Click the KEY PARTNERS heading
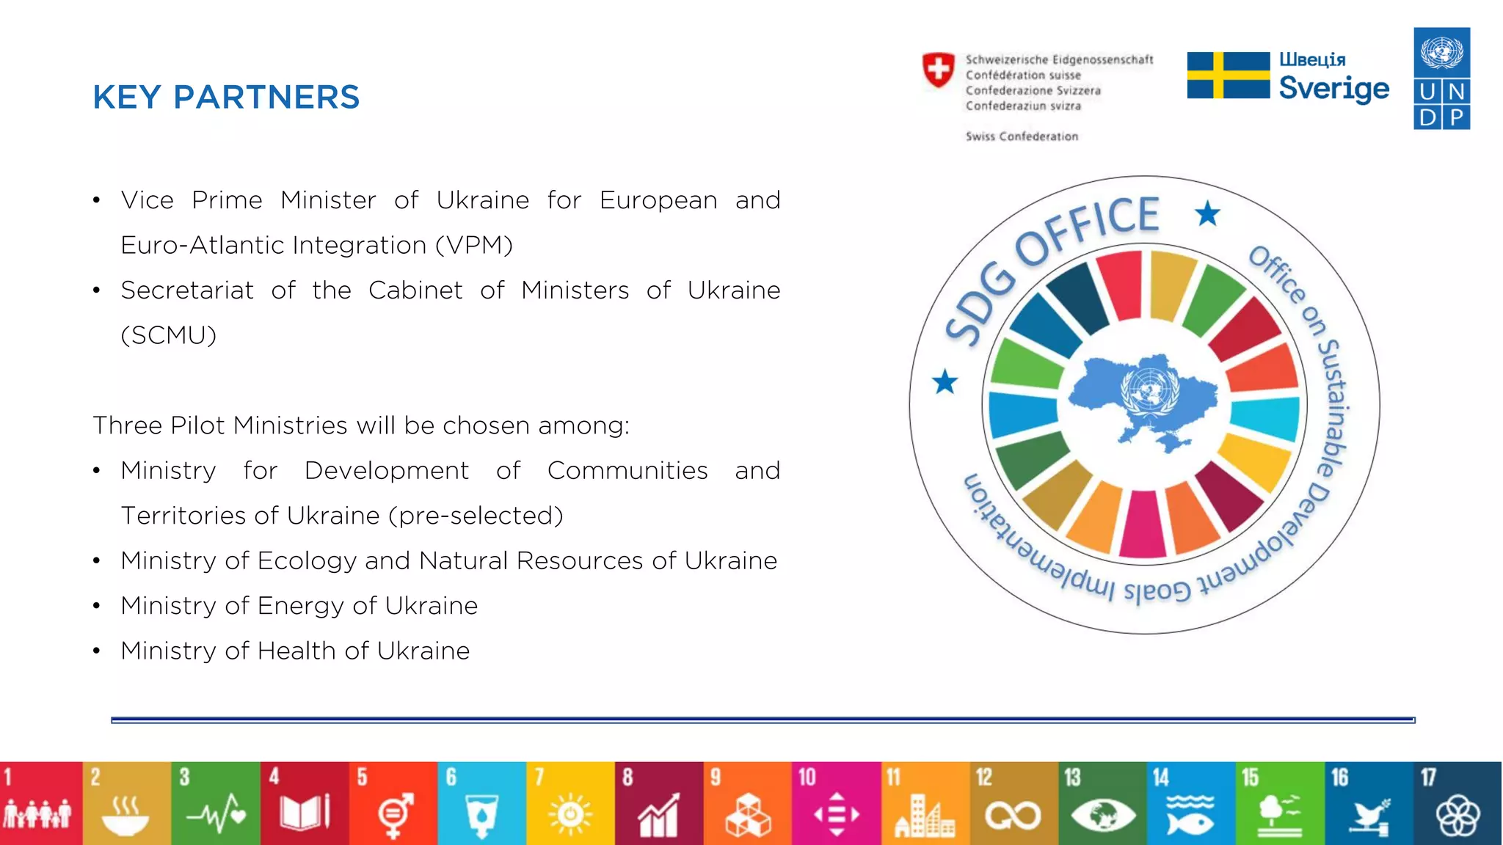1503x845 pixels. point(226,98)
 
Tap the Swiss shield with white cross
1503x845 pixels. point(938,70)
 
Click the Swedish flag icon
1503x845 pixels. point(1228,76)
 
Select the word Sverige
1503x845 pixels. point(1333,89)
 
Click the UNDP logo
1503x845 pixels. point(1441,79)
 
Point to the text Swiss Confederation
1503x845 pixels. point(1022,136)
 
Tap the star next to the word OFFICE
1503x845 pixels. point(1207,214)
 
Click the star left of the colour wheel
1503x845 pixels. point(945,381)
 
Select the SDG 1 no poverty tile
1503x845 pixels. point(40,803)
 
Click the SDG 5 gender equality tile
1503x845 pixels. point(393,803)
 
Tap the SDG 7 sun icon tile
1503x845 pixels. point(570,803)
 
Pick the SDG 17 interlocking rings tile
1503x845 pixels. point(1457,803)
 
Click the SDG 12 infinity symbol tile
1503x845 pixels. point(1013,803)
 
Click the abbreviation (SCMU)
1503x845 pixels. point(169,335)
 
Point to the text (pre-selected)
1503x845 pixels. point(476,516)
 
